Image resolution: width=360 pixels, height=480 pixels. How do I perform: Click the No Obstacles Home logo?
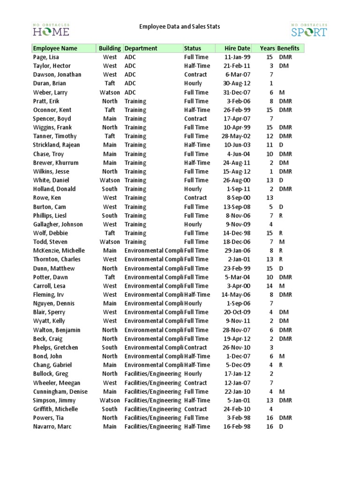51,30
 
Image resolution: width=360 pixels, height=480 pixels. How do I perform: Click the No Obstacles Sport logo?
308,30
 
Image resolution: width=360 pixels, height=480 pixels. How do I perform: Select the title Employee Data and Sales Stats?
180,27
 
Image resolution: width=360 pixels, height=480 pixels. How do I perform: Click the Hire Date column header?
237,48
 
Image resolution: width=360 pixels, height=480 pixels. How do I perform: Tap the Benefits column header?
288,48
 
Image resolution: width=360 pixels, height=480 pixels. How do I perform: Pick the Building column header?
110,48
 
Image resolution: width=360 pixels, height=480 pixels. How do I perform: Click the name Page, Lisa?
46,57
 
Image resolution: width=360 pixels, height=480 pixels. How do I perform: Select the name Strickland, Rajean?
57,145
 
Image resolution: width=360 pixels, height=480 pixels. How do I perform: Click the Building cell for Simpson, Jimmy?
110,400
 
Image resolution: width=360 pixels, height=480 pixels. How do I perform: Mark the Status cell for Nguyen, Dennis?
193,303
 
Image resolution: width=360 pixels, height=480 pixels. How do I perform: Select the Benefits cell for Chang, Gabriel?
281,365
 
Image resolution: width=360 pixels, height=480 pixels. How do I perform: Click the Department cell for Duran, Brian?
130,83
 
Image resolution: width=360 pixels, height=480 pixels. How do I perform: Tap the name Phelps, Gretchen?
55,347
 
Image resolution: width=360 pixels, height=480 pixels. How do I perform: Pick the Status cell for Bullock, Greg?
193,374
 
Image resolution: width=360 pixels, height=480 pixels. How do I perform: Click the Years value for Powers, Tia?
270,418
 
